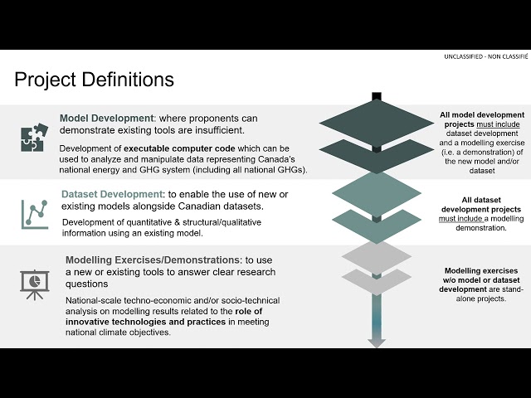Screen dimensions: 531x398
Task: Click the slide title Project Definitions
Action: [x=94, y=80]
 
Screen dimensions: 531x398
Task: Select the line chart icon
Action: [x=34, y=214]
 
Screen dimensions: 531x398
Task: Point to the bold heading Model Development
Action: [x=106, y=118]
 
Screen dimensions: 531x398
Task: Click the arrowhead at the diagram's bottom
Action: [x=377, y=342]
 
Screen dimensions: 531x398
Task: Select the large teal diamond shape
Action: [x=377, y=189]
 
